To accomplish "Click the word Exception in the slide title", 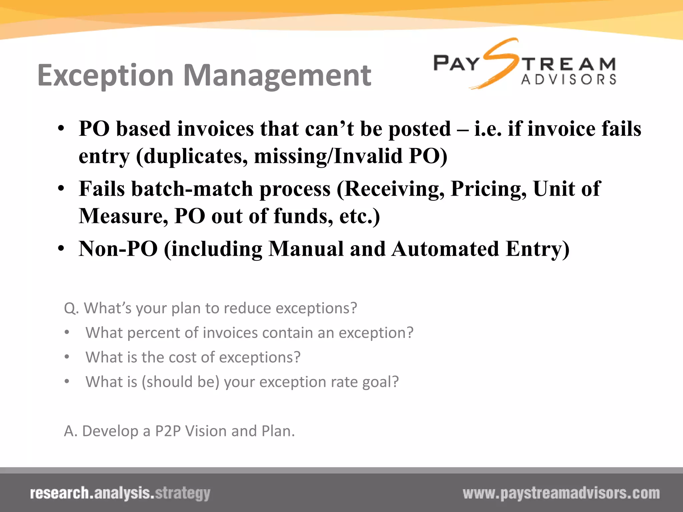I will tap(105, 76).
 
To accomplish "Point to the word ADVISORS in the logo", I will tap(568, 80).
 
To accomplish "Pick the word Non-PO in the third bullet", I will tap(118, 249).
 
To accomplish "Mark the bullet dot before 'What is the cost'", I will tap(67, 357).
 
